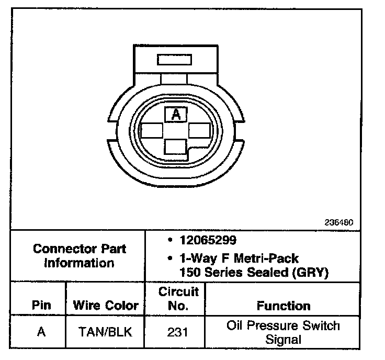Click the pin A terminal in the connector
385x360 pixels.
(176, 115)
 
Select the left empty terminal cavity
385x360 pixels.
(151, 130)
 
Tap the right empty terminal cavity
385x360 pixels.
(200, 130)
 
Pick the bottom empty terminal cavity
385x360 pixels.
(176, 147)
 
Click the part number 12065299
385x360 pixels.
(208, 241)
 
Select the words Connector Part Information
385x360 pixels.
(79, 255)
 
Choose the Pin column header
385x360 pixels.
(42, 305)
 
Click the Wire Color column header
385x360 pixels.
(106, 305)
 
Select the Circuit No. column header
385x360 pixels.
(178, 298)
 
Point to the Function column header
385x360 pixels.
(284, 306)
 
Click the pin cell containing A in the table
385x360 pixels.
(42, 332)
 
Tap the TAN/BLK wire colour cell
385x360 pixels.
(106, 332)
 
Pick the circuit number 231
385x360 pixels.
(178, 332)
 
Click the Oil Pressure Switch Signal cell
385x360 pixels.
(283, 332)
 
